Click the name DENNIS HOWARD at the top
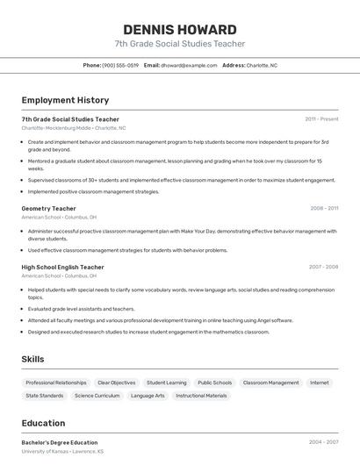(x=179, y=29)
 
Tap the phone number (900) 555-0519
(x=120, y=65)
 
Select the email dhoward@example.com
(x=188, y=65)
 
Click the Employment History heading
(x=65, y=100)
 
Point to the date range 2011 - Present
(x=321, y=118)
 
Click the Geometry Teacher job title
(x=48, y=209)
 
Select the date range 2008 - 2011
(x=324, y=209)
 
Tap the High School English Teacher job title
(x=62, y=267)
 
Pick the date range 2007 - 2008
(x=323, y=267)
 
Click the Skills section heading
(x=32, y=359)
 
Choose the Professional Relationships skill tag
(x=56, y=383)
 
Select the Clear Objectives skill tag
(x=117, y=383)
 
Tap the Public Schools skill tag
(x=215, y=383)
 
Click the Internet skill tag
(x=320, y=383)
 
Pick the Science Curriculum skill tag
(x=97, y=396)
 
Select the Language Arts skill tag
(x=148, y=396)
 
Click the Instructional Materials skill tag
(x=201, y=396)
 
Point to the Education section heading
(x=43, y=423)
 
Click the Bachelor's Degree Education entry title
(x=60, y=442)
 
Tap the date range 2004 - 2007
(x=323, y=442)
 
